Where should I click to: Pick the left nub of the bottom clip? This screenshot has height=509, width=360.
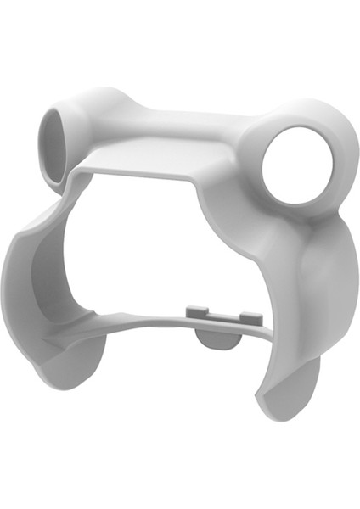coord(194,311)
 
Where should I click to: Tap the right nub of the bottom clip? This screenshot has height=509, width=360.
coord(250,317)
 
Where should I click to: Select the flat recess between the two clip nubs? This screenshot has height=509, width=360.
coord(222,316)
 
